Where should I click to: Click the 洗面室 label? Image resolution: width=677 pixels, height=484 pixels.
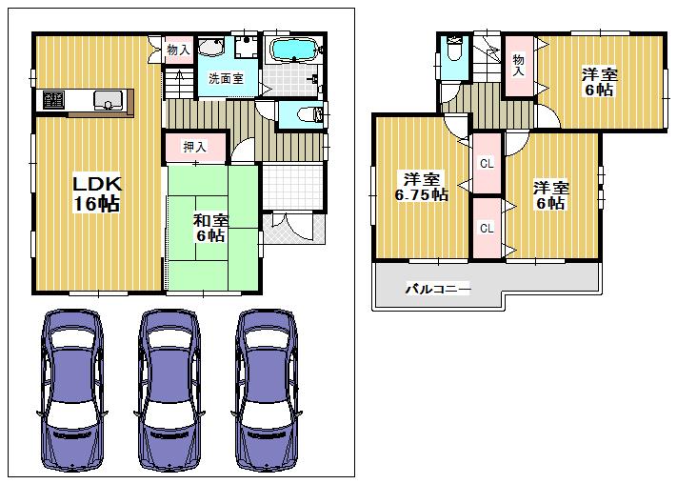(x=225, y=80)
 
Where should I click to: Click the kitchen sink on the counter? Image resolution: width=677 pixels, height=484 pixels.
(x=104, y=98)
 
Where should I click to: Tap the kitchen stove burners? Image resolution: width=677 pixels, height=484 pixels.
(x=50, y=98)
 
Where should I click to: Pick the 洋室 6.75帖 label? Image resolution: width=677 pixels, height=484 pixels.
(x=420, y=186)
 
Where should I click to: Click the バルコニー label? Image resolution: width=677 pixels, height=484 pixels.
(x=437, y=287)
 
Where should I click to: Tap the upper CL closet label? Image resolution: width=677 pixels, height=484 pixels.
(x=487, y=164)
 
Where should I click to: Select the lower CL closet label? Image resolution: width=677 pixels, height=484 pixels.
(x=487, y=229)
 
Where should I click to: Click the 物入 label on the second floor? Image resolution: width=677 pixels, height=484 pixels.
(x=519, y=64)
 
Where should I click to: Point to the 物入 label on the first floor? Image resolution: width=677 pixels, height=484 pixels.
(x=178, y=50)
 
